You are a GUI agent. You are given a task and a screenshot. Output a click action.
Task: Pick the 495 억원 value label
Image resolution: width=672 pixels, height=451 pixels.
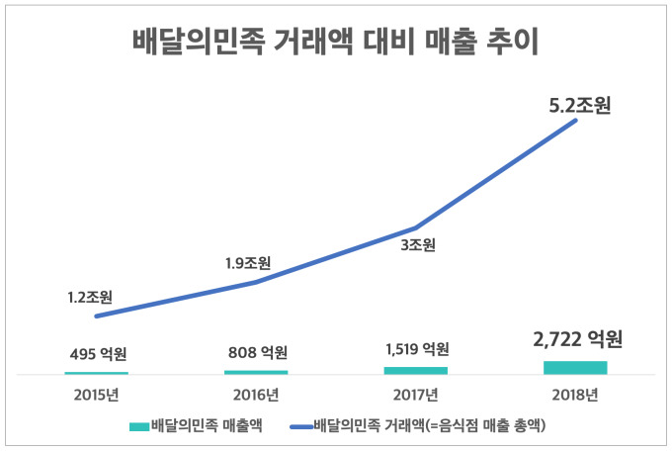tap(97, 353)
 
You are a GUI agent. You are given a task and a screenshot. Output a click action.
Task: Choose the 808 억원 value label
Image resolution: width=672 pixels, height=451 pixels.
tap(256, 352)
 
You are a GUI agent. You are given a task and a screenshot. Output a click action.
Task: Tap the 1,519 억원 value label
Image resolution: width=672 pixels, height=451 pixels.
tap(416, 349)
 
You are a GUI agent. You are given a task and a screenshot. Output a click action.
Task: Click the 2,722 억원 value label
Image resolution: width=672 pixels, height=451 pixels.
tap(575, 340)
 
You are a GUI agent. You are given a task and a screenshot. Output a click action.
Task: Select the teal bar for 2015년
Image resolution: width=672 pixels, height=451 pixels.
tap(97, 373)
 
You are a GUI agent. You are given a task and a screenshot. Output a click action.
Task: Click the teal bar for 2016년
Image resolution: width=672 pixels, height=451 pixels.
tap(256, 372)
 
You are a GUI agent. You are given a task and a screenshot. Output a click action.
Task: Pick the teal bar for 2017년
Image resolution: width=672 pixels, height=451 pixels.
tap(416, 370)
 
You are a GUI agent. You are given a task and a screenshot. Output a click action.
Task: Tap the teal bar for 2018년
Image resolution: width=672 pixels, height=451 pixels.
tap(575, 367)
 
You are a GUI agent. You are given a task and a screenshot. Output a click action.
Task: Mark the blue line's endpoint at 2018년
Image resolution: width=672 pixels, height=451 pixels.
tap(575, 131)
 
